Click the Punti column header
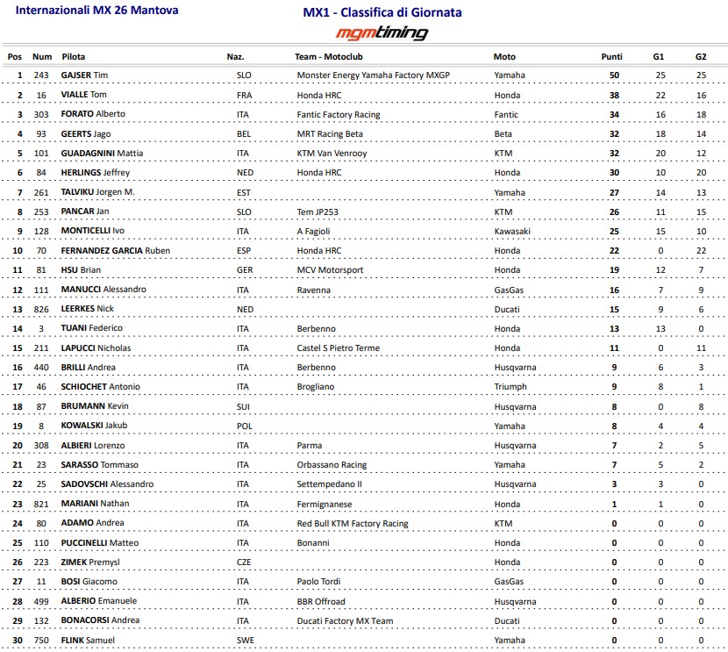click(x=611, y=56)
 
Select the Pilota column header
click(x=74, y=56)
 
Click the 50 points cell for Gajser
click(x=614, y=75)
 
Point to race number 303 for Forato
click(x=42, y=114)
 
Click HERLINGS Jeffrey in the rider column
click(x=96, y=173)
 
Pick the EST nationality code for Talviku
click(x=244, y=192)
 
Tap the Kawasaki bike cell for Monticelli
click(x=512, y=231)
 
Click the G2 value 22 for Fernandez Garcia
click(x=700, y=251)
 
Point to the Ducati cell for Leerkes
click(x=507, y=309)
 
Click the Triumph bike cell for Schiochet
click(x=510, y=387)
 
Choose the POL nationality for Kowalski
click(x=244, y=426)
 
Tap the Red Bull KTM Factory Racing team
click(x=353, y=524)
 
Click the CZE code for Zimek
click(x=244, y=562)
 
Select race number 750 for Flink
click(x=42, y=641)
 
